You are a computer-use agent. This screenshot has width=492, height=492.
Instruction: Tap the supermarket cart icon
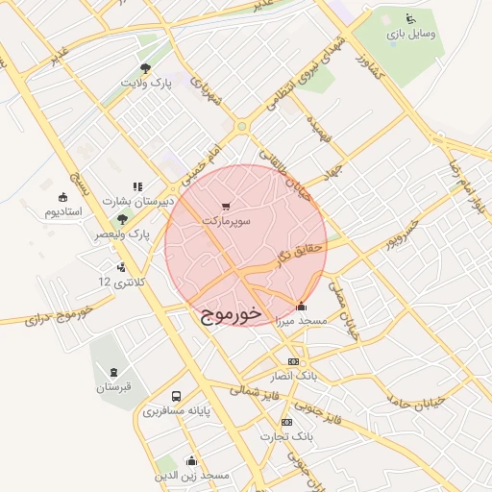point(226,206)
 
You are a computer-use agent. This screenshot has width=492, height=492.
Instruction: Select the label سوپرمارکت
point(226,220)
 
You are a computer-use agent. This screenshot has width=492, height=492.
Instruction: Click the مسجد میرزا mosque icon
point(302,307)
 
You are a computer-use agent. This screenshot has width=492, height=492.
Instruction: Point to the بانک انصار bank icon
point(293,361)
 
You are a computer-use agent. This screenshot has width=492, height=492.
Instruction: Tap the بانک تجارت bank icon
point(286,423)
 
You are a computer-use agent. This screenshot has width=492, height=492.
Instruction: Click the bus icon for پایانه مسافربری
point(176,396)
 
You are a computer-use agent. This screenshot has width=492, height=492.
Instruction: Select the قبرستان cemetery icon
point(114,373)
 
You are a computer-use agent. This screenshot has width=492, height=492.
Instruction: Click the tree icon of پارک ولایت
point(145,68)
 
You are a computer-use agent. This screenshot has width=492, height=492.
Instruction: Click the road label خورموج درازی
point(57,314)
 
